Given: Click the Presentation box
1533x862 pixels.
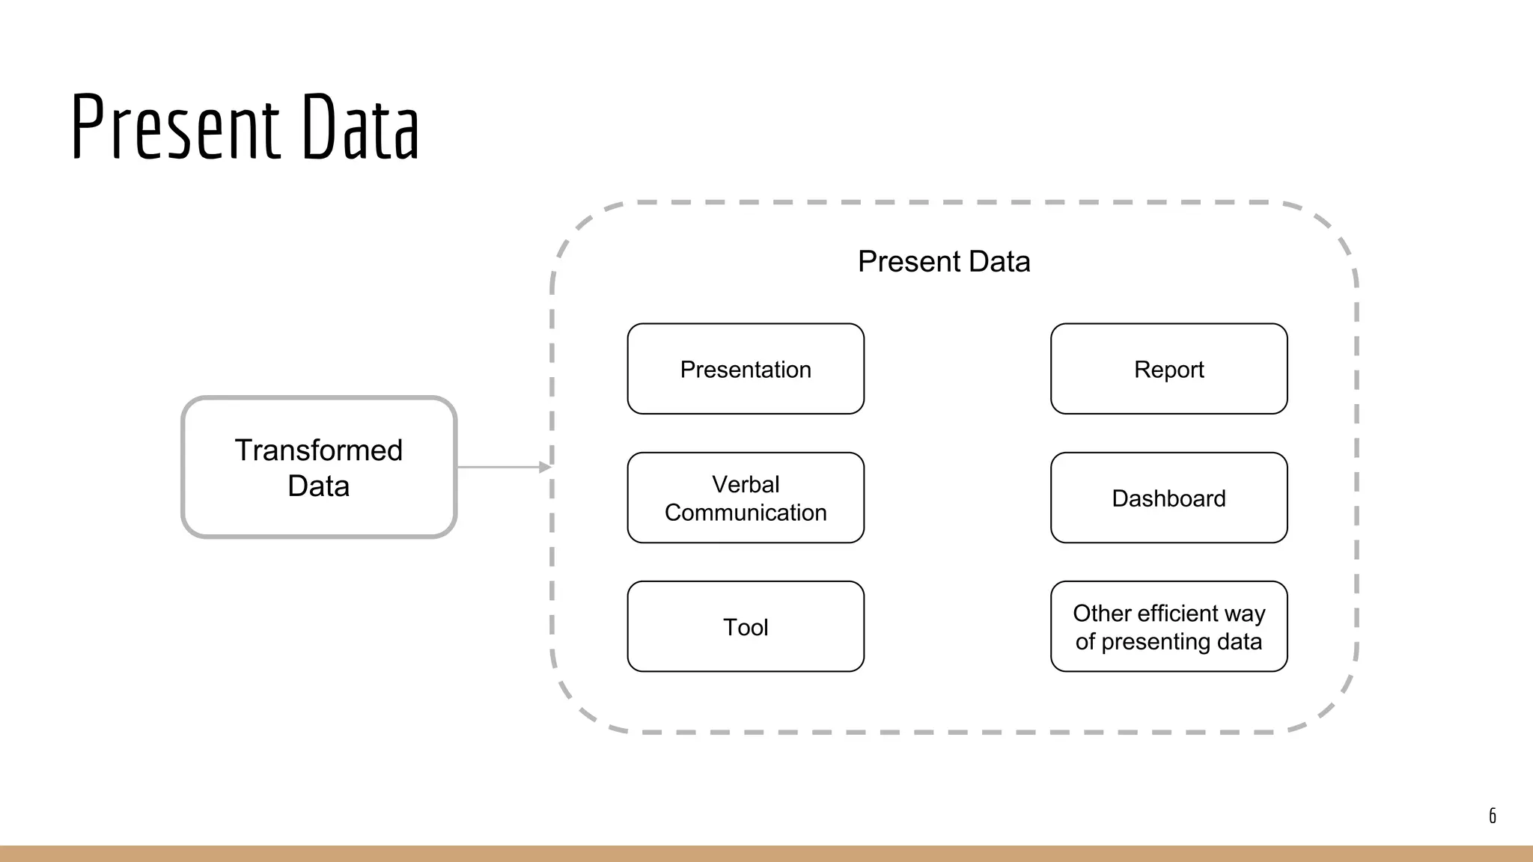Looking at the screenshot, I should click(x=746, y=369).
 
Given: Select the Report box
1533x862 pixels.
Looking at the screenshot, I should click(x=1168, y=369).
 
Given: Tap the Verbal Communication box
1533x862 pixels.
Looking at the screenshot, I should click(x=746, y=498).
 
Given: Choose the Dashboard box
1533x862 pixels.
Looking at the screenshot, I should click(x=1168, y=498).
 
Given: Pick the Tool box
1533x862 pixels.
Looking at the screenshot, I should click(x=746, y=626).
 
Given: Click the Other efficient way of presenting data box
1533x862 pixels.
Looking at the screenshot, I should click(x=1168, y=626).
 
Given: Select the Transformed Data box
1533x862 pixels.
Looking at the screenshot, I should click(x=319, y=467).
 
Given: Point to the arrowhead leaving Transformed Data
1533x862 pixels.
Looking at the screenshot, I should click(x=546, y=467).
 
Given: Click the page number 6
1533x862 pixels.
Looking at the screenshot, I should click(x=1492, y=816).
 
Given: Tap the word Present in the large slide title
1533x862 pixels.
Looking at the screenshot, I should click(x=176, y=127).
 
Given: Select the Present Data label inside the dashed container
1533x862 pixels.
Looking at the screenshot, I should click(x=943, y=261).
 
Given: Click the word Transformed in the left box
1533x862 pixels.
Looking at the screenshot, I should click(x=319, y=450).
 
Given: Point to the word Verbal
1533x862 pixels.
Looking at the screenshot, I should click(x=746, y=484).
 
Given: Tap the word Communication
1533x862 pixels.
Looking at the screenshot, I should click(x=746, y=513).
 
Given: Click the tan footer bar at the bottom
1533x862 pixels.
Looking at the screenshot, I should click(x=766, y=854).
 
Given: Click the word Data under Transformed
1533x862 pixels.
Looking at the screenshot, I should click(x=319, y=486).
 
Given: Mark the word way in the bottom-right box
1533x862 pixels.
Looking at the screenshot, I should click(x=1245, y=614).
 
